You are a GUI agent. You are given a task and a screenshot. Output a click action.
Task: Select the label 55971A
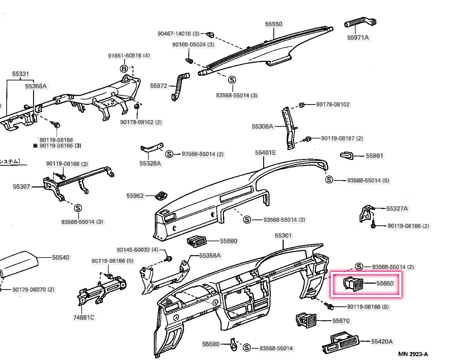pos(358,38)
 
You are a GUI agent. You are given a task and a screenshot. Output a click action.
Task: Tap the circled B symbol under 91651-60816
pos(124,69)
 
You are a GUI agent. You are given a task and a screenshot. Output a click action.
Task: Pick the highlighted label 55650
pos(384,284)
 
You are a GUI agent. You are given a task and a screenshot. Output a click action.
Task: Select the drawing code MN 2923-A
pos(413,354)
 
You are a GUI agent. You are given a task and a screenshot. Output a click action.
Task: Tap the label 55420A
pos(382,342)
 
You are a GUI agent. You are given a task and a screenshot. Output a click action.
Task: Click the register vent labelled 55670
pos(308,321)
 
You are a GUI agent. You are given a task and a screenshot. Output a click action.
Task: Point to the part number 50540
pos(61,258)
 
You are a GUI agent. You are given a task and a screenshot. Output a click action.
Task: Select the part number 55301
pos(283,236)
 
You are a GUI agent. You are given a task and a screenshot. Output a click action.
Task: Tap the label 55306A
pos(262,126)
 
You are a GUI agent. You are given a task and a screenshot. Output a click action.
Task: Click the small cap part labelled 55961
pos(346,156)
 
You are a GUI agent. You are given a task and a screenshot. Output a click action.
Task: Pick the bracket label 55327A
pos(397,208)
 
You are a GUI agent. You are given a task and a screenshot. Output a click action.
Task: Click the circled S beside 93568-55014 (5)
pos(329,180)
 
